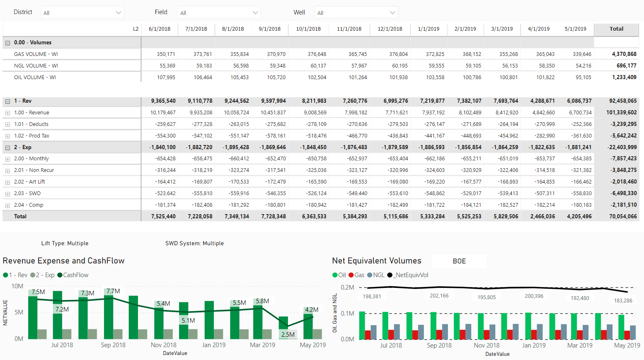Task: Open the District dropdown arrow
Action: (119, 13)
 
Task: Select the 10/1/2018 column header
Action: (308, 29)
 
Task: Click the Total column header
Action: (616, 29)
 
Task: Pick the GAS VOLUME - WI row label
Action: (36, 54)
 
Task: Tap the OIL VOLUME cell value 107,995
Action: (166, 77)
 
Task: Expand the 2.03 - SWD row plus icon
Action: (7, 194)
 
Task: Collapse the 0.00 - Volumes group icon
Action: (7, 43)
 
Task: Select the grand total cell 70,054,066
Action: (623, 217)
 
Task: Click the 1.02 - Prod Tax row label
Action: (31, 136)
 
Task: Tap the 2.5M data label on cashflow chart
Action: (288, 335)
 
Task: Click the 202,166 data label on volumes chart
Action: (439, 296)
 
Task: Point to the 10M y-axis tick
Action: (17, 286)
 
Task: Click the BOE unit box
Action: (459, 261)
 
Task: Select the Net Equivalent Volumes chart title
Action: (376, 261)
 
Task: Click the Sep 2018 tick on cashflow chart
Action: (113, 345)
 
